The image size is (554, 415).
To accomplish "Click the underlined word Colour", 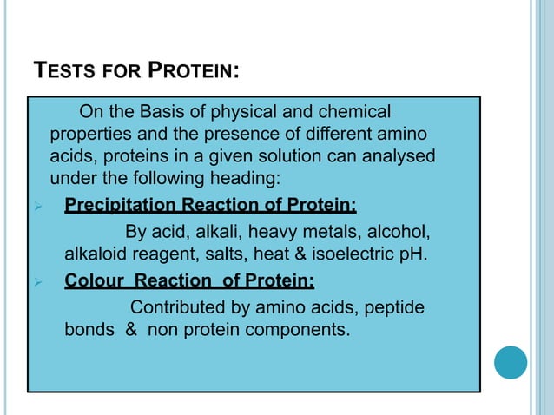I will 94,281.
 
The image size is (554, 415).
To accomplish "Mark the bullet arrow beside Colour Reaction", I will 36,282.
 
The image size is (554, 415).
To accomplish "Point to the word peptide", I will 398,307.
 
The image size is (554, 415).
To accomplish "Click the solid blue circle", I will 511,363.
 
